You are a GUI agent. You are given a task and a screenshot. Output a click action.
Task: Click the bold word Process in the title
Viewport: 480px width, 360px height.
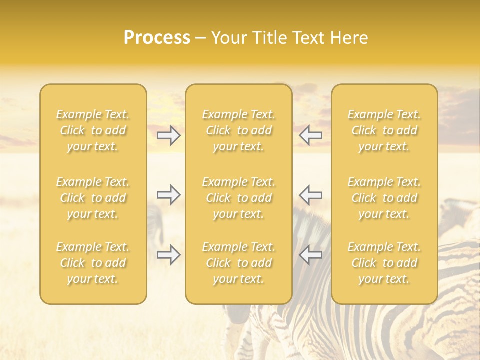click(x=157, y=38)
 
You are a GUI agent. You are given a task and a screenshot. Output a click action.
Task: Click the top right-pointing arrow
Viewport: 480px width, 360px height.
click(x=169, y=135)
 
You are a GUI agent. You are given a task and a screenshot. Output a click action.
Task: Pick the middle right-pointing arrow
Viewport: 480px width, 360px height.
click(x=169, y=195)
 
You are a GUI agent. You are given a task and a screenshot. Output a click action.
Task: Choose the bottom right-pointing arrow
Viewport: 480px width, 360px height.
click(x=169, y=255)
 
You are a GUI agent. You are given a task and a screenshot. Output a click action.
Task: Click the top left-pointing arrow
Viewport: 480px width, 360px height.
click(x=310, y=135)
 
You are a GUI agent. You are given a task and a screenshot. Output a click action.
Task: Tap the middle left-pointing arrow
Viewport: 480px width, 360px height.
click(x=310, y=195)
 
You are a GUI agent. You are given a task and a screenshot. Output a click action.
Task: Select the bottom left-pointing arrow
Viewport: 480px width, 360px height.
click(x=310, y=255)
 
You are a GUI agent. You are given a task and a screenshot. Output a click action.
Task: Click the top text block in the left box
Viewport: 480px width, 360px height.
click(x=93, y=130)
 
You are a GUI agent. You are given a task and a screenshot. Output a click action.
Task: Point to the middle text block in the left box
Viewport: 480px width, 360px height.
click(x=93, y=198)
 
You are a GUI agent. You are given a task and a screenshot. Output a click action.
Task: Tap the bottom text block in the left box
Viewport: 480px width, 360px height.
click(x=93, y=263)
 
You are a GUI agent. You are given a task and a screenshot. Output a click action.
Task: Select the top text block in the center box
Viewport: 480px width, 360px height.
click(x=239, y=130)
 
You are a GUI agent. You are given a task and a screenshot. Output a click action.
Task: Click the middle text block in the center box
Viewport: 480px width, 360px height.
click(x=239, y=198)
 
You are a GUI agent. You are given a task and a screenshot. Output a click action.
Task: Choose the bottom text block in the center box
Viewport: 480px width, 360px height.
click(x=239, y=263)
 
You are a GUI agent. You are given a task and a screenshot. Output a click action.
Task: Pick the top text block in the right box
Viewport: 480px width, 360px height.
click(x=384, y=130)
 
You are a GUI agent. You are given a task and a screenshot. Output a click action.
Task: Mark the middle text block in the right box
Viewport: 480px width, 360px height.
click(x=384, y=198)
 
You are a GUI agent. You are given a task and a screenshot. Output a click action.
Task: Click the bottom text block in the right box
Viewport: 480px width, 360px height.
click(x=384, y=263)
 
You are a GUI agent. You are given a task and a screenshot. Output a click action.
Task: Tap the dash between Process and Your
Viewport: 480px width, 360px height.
click(x=200, y=38)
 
